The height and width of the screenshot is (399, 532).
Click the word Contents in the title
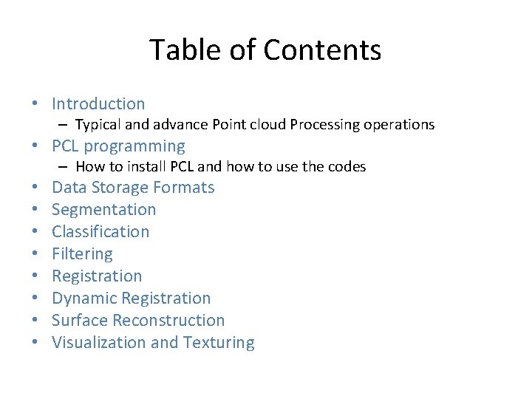(322, 50)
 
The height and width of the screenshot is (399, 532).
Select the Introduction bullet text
(98, 104)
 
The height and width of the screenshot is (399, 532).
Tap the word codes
(347, 167)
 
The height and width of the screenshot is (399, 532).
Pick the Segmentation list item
(103, 210)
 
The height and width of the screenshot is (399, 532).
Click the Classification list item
(100, 232)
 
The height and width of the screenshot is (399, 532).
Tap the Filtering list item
(82, 254)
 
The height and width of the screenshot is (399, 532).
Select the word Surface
(78, 321)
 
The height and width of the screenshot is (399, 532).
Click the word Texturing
(219, 343)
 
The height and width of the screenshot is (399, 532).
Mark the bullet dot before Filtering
(35, 254)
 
